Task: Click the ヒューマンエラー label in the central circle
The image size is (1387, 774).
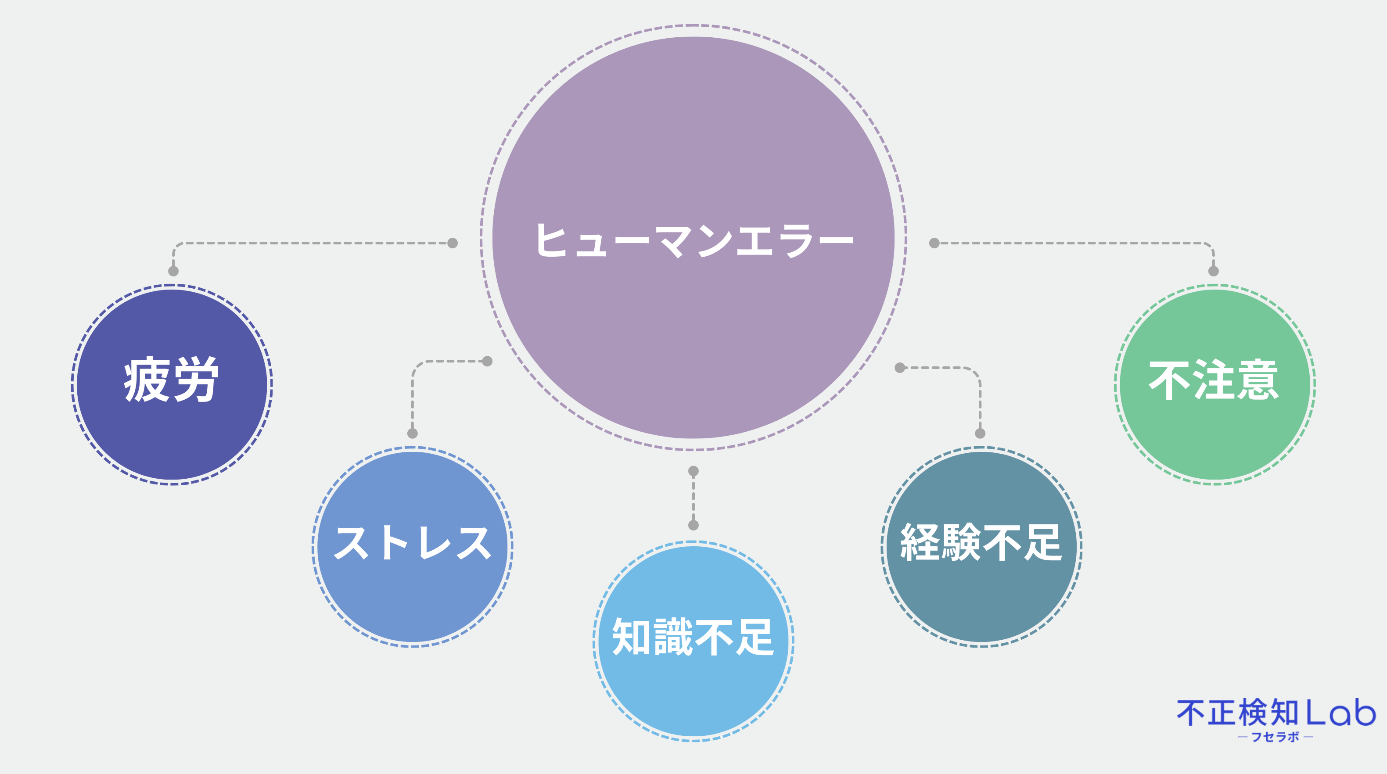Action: (x=694, y=240)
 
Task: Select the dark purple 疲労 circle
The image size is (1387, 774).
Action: (x=172, y=385)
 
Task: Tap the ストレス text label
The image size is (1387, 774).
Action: (x=413, y=543)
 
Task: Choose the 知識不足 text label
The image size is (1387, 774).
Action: (x=693, y=637)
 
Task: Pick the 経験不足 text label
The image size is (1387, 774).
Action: (x=981, y=543)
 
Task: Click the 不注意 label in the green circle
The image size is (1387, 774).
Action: (x=1214, y=380)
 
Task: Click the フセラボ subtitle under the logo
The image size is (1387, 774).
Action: (x=1275, y=737)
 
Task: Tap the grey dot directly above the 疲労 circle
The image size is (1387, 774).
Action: (x=173, y=271)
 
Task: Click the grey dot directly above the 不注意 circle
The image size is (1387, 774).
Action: (x=1213, y=271)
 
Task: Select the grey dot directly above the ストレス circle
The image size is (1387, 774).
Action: (x=413, y=433)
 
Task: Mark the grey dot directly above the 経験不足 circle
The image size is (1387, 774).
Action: (x=980, y=433)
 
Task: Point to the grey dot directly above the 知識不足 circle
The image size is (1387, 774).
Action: (x=693, y=525)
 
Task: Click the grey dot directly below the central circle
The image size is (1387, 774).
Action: (x=693, y=471)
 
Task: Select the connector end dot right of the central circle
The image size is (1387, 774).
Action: (x=934, y=243)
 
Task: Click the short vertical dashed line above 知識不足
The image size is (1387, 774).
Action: (x=693, y=498)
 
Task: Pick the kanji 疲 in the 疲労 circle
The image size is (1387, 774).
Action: (x=147, y=380)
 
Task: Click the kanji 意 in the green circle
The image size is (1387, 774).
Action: (x=1258, y=380)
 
